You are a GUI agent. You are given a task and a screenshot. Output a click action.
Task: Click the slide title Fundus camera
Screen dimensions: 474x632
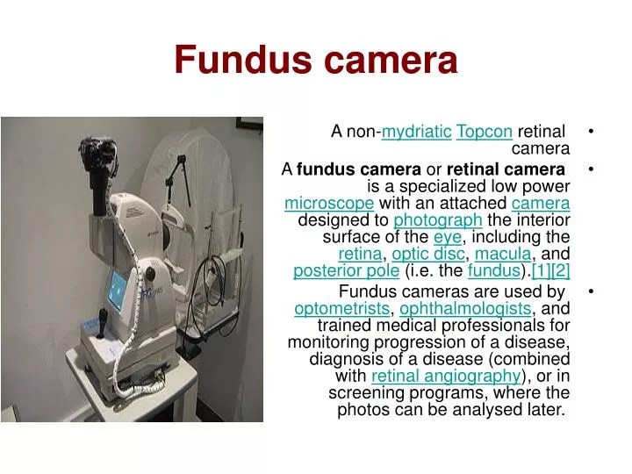316,61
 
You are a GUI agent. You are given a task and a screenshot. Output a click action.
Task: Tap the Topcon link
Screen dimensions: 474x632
485,132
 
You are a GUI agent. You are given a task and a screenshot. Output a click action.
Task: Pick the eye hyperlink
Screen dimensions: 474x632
447,237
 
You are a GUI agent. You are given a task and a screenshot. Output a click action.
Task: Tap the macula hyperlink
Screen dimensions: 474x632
503,254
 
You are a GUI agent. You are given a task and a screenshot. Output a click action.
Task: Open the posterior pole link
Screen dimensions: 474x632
334,271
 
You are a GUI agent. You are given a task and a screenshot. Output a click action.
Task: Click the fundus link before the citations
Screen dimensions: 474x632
494,271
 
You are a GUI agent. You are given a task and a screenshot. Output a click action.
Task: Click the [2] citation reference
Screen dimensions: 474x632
561,271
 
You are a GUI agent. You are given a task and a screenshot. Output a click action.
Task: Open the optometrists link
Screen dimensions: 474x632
341,309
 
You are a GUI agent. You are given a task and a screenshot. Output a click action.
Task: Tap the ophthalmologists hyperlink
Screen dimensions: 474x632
465,309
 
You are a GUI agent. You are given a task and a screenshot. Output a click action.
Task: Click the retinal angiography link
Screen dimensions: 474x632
446,377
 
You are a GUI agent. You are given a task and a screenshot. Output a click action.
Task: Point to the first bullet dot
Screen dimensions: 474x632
594,132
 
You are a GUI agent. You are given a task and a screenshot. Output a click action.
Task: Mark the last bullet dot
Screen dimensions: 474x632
594,291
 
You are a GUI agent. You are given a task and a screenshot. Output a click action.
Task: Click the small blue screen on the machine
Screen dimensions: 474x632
117,286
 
